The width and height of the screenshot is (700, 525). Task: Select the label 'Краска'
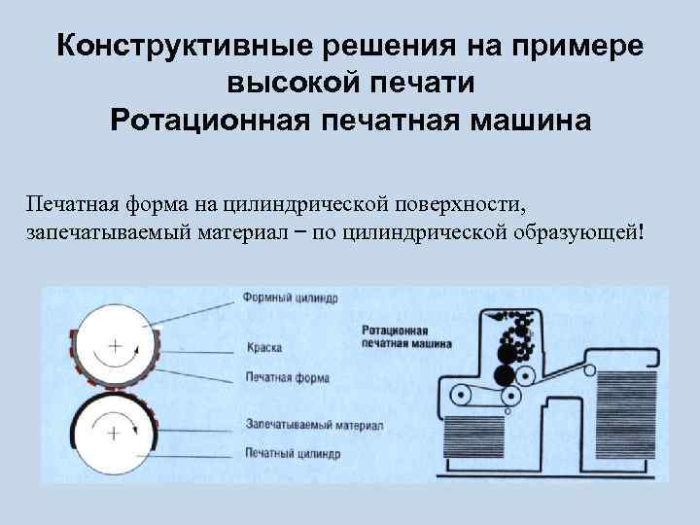264,346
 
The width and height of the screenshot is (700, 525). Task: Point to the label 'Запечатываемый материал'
313,426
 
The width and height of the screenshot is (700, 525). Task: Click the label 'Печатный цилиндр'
293,453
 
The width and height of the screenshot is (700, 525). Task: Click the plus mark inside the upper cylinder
116,345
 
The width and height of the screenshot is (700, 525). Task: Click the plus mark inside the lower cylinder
116,429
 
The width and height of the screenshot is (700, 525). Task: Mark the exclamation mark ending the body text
641,232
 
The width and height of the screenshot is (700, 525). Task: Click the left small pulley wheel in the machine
458,397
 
